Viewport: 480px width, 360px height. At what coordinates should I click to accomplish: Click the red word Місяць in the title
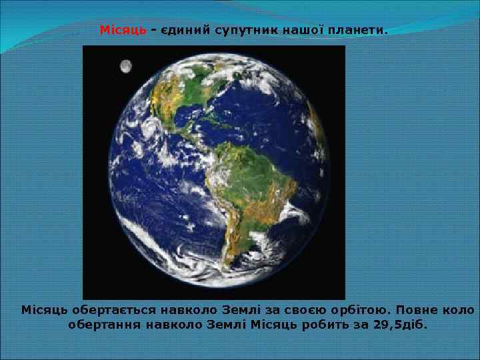(122, 31)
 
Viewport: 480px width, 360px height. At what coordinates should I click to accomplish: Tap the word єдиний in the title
(184, 31)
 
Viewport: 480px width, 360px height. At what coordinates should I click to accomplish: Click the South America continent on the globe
(244, 193)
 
